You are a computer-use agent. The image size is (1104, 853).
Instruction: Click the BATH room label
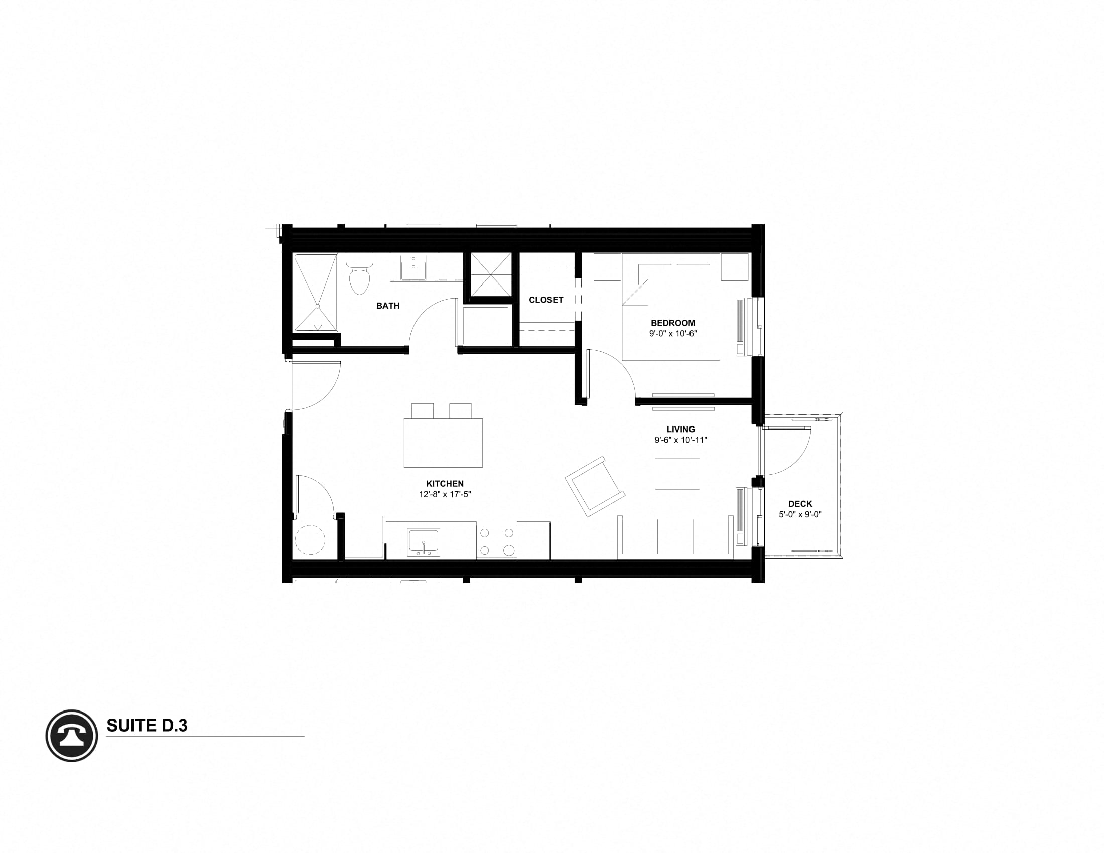pyautogui.click(x=388, y=306)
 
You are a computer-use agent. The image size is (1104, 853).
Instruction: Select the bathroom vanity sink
pyautogui.click(x=413, y=268)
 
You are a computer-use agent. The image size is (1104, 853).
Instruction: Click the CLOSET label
pyautogui.click(x=546, y=300)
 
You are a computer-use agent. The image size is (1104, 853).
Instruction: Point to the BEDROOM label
pyautogui.click(x=673, y=323)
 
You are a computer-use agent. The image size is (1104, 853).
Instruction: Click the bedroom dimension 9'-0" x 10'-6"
pyautogui.click(x=673, y=334)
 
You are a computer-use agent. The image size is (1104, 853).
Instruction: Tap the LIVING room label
pyautogui.click(x=680, y=430)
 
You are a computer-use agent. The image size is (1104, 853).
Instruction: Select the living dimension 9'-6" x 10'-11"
pyautogui.click(x=680, y=440)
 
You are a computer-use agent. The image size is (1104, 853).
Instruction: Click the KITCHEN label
pyautogui.click(x=445, y=484)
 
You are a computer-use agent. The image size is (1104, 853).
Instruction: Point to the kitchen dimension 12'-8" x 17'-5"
pyautogui.click(x=445, y=494)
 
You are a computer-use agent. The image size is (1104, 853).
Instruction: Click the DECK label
pyautogui.click(x=800, y=504)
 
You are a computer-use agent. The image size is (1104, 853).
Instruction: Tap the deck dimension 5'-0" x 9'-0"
pyautogui.click(x=800, y=514)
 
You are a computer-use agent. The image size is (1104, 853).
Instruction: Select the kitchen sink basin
pyautogui.click(x=424, y=542)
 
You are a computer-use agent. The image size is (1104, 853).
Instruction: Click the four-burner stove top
pyautogui.click(x=496, y=541)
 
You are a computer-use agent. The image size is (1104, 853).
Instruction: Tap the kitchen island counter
pyautogui.click(x=443, y=443)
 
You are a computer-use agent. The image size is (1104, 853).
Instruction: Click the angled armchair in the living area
pyautogui.click(x=595, y=487)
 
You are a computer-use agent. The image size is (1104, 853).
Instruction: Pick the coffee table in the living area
pyautogui.click(x=677, y=474)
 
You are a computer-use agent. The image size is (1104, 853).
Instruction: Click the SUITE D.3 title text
pyautogui.click(x=147, y=726)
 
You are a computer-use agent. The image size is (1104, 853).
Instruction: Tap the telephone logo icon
pyautogui.click(x=72, y=735)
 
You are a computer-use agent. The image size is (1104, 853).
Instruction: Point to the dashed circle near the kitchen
pyautogui.click(x=309, y=540)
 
